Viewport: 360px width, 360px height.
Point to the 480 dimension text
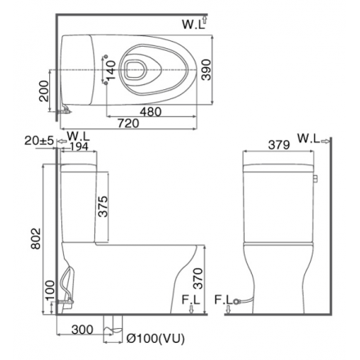pyautogui.click(x=151, y=111)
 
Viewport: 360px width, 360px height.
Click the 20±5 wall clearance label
pyautogui.click(x=38, y=141)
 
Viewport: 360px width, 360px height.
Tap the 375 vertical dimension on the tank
pyautogui.click(x=104, y=205)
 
